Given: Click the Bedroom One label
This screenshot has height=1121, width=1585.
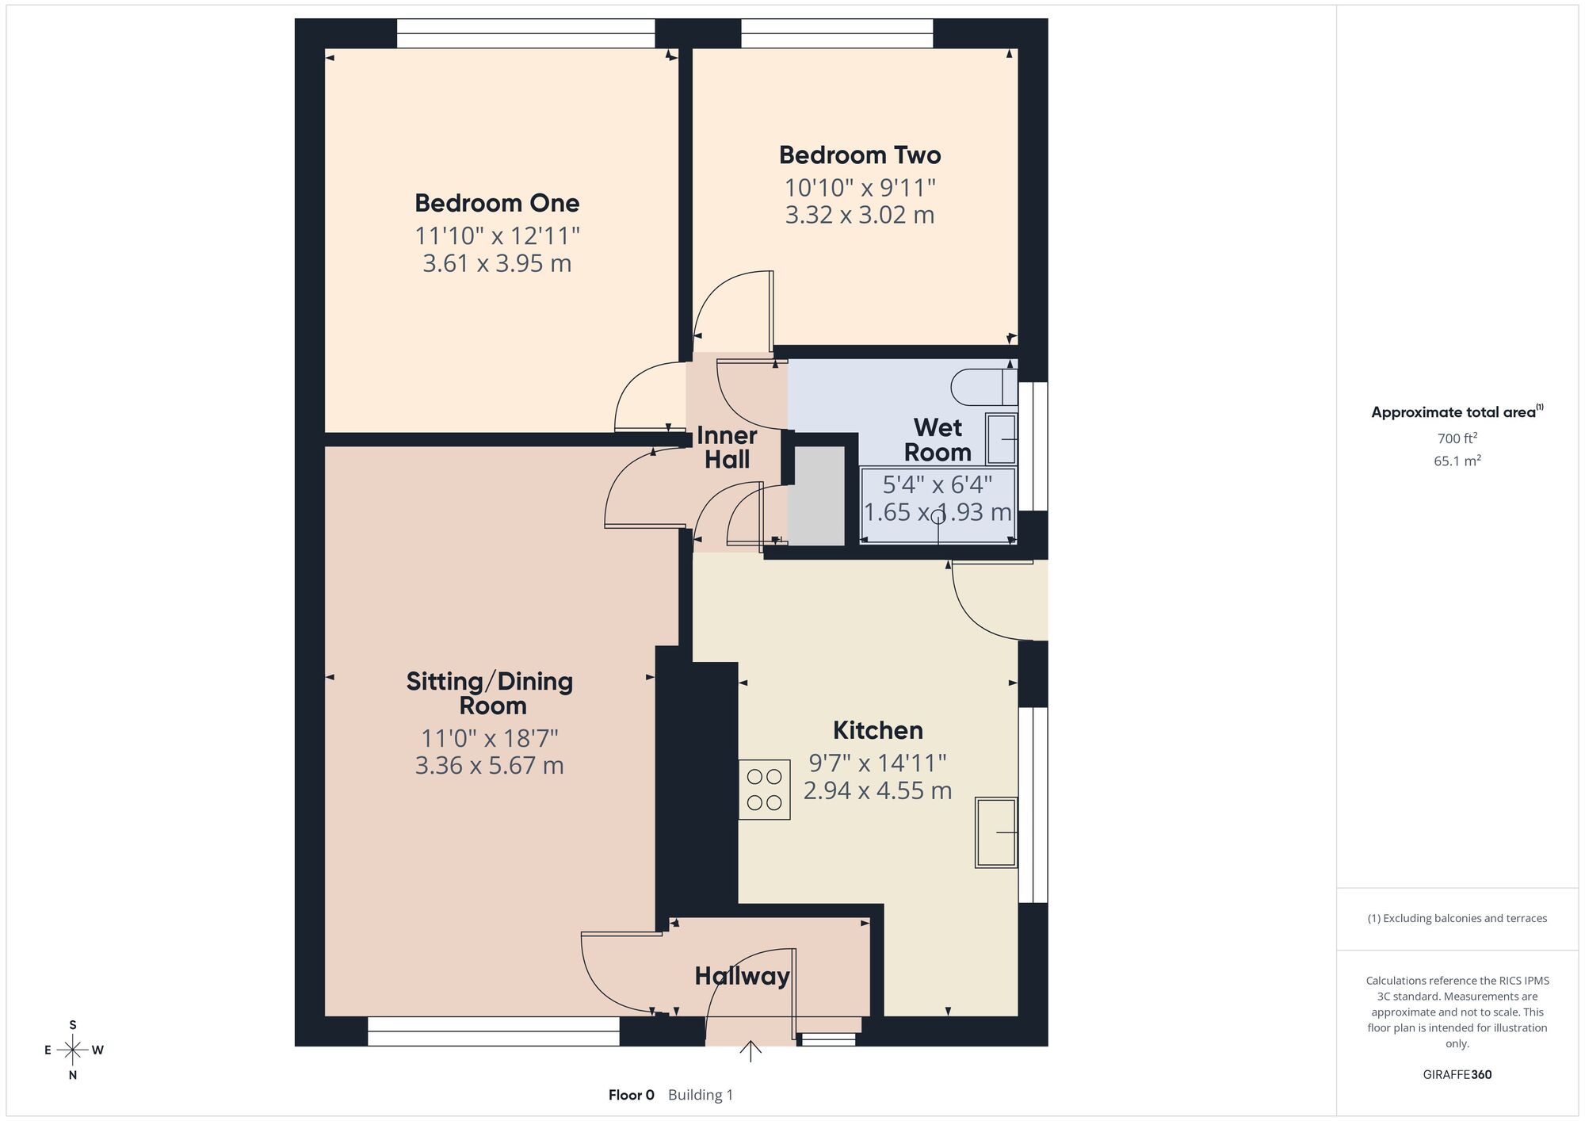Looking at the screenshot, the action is (497, 203).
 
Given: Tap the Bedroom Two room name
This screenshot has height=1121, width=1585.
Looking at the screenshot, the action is (860, 155).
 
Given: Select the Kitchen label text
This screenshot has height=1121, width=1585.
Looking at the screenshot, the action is (877, 730).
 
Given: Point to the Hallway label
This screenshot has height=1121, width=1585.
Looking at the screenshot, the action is (742, 976).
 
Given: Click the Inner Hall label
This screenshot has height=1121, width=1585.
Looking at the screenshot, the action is (727, 447).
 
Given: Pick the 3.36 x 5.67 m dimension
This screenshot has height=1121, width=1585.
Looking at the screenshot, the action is (489, 766).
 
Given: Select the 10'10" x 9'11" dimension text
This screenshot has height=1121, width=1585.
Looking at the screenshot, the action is (860, 188).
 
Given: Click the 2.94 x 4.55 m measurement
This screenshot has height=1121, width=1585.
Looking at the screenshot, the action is (877, 790).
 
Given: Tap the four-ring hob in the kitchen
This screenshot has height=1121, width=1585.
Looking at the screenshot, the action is (764, 790).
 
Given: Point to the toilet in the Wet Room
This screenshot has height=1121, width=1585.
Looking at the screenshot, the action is (983, 387).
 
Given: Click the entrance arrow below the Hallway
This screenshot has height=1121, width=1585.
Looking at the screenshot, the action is (750, 1051).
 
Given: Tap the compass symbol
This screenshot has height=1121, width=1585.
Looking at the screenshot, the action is (73, 1050).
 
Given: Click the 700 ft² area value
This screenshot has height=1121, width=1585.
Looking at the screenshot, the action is (1457, 438).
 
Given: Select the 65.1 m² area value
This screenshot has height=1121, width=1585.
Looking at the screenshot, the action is (1457, 461).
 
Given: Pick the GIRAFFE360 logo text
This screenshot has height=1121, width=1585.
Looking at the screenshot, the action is (1457, 1075).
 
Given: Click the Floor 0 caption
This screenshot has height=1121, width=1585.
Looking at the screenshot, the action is (632, 1095).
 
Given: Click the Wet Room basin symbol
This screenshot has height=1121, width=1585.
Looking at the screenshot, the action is (1001, 438).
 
